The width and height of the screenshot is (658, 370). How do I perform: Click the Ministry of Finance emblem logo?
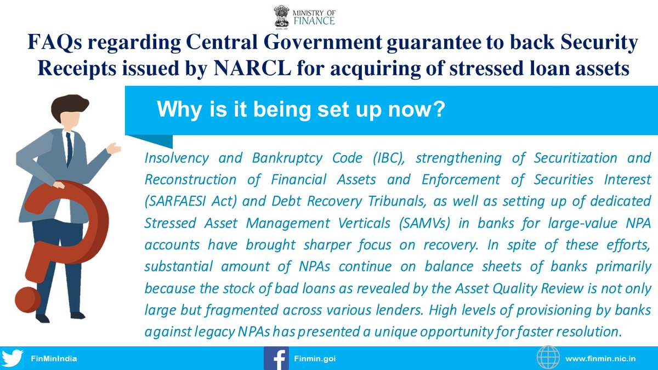(x=281, y=17)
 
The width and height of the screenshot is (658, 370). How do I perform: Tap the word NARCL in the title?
(x=252, y=68)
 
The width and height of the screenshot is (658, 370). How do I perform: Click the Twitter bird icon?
(x=12, y=358)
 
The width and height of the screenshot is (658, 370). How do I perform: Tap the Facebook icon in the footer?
(x=276, y=358)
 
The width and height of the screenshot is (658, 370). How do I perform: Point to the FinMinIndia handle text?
(x=54, y=358)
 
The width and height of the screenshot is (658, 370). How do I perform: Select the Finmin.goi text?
(x=315, y=358)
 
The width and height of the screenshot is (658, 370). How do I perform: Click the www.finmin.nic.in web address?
(x=600, y=358)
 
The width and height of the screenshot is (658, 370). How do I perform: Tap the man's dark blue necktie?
(x=69, y=149)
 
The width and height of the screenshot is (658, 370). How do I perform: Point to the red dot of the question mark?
(x=27, y=299)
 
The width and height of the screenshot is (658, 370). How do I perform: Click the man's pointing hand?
(x=114, y=149)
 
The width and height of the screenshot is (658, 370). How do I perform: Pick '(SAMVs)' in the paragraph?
(x=424, y=223)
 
